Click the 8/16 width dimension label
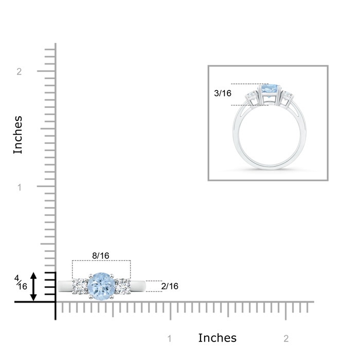coord(101,256)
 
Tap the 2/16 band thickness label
coord(170,286)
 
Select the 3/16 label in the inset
coord(223,93)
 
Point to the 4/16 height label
coord(21,283)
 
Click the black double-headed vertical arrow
coord(33,286)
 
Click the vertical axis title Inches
coord(18,135)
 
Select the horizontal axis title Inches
coord(217,338)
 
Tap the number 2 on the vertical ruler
coord(19,72)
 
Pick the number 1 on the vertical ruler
coord(20,188)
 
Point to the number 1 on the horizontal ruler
coord(169,338)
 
